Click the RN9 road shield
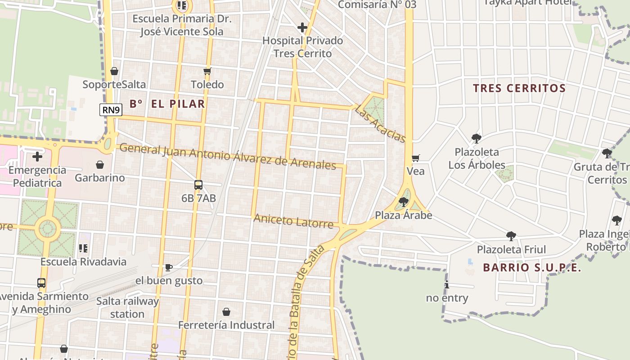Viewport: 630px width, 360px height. (x=111, y=110)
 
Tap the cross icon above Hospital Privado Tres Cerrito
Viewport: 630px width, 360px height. (x=302, y=27)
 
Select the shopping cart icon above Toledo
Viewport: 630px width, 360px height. (x=207, y=71)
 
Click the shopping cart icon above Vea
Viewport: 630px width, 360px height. (x=415, y=158)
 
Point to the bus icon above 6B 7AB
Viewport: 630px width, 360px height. (x=198, y=184)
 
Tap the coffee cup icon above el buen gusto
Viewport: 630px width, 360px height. (x=169, y=267)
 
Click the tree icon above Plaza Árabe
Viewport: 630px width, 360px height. (x=404, y=202)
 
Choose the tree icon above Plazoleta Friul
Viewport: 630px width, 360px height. (x=511, y=236)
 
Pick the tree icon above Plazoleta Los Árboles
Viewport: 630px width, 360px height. (x=477, y=138)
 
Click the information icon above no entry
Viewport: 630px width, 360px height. (x=447, y=284)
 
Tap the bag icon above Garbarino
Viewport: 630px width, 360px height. (x=100, y=165)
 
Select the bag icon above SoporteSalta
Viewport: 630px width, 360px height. (x=114, y=71)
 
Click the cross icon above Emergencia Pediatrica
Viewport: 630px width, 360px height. (x=37, y=157)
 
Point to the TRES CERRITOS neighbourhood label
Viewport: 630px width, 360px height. (x=519, y=88)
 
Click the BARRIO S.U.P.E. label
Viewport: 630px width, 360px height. (x=532, y=268)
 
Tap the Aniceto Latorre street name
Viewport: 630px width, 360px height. (x=293, y=221)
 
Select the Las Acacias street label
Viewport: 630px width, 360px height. (x=380, y=123)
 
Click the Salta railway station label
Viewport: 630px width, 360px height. (x=127, y=307)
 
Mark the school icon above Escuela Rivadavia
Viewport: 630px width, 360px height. (x=83, y=248)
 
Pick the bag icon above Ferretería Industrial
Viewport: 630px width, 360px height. (x=226, y=312)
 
